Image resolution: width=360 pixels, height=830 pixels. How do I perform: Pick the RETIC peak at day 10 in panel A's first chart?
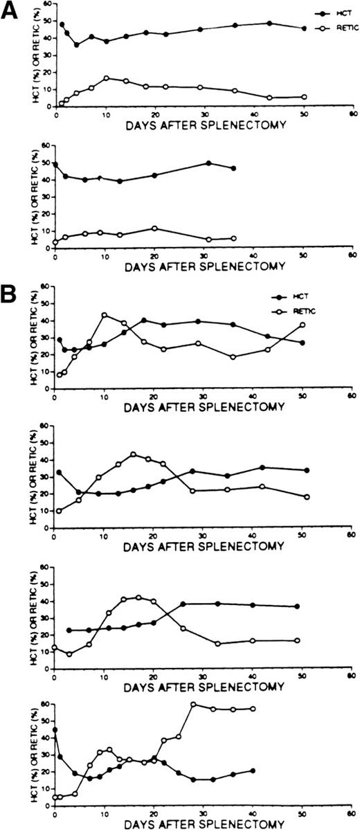(106, 78)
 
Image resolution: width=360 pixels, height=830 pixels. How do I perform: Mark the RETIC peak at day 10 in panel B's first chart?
(105, 315)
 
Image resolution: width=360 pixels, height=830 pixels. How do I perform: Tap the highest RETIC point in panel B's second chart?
(133, 455)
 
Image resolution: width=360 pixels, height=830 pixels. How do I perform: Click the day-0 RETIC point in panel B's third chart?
(55, 647)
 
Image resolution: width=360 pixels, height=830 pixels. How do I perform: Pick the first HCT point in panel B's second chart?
(58, 472)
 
